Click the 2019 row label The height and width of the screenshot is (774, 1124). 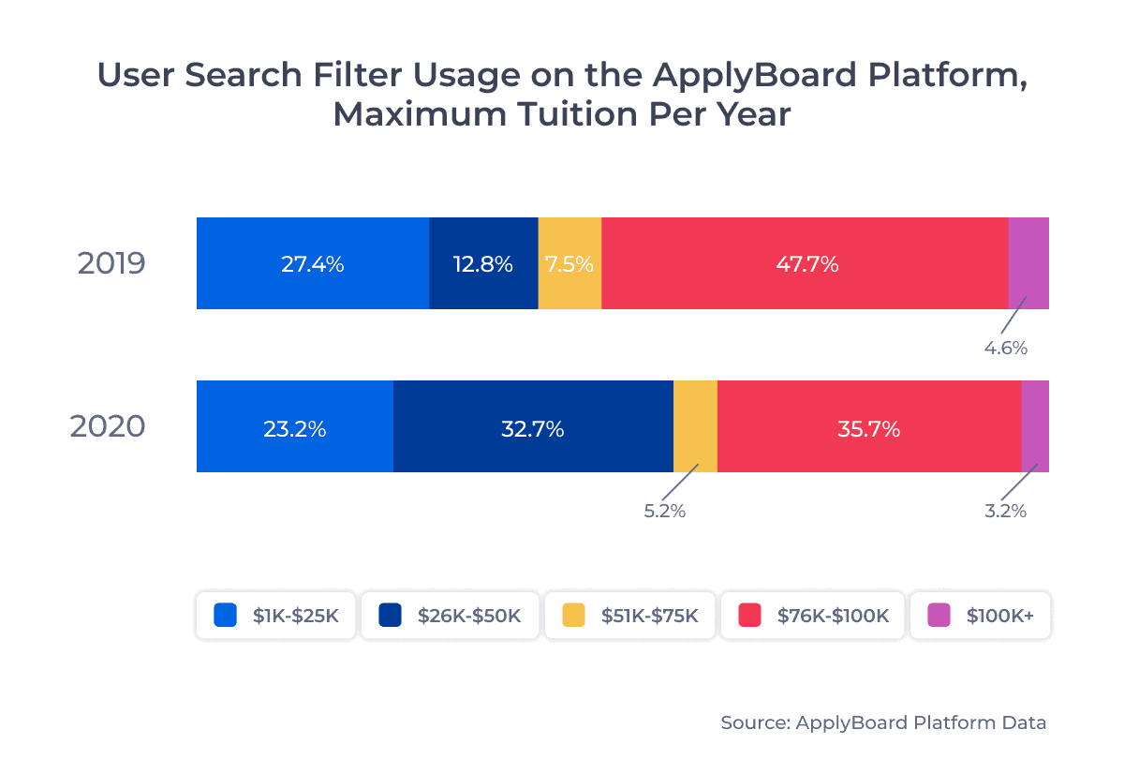tap(111, 263)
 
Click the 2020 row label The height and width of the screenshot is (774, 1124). tap(108, 426)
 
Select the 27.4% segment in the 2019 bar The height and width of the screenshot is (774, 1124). tap(313, 263)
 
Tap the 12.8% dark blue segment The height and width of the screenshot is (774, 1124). tap(483, 263)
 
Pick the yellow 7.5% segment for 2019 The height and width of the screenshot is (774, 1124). tap(569, 263)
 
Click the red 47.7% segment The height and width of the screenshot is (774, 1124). tap(806, 263)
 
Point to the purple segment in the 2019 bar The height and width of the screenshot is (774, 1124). tap(1028, 263)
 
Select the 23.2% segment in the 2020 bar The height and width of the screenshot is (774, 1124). tap(294, 426)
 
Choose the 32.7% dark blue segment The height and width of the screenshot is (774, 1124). tap(533, 426)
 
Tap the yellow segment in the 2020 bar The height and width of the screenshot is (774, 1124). tap(695, 426)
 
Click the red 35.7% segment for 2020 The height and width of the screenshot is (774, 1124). tap(868, 426)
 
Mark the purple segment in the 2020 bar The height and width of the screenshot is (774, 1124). tap(1035, 426)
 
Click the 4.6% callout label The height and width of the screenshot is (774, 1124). tap(1005, 349)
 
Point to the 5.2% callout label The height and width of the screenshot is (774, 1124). tap(664, 512)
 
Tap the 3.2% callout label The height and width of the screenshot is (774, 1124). tap(1004, 512)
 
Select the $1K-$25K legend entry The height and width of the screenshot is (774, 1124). tap(275, 616)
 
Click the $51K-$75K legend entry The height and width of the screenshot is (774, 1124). tap(630, 616)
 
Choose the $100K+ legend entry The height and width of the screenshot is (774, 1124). tap(980, 616)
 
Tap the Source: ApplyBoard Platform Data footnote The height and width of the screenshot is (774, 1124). tap(883, 722)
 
